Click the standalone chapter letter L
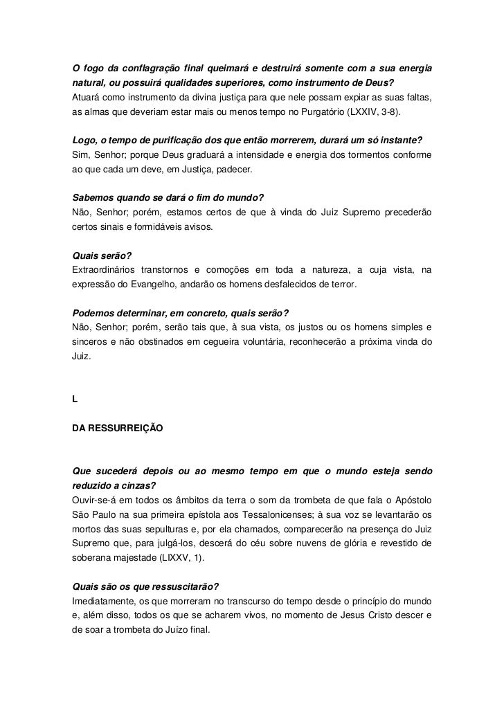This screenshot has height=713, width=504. point(75,401)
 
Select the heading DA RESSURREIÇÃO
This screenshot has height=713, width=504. point(118,428)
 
